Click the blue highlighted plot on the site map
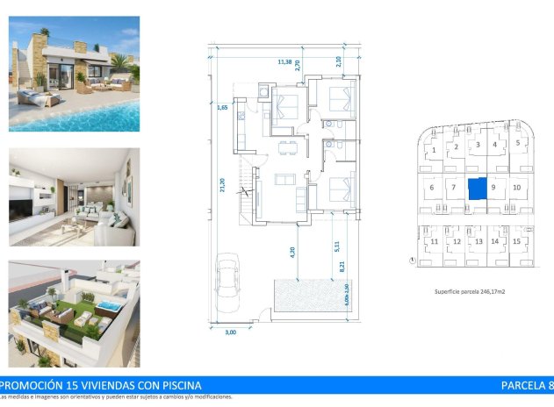click(x=477, y=188)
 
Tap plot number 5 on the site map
click(x=518, y=142)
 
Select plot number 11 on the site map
click(x=434, y=241)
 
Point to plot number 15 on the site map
click(x=517, y=241)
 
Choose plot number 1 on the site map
click(x=434, y=150)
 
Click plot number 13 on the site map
click(x=478, y=241)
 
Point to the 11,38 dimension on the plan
click(x=284, y=62)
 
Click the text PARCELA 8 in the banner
click(x=526, y=385)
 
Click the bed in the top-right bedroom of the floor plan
click(x=340, y=102)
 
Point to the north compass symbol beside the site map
click(x=412, y=260)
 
